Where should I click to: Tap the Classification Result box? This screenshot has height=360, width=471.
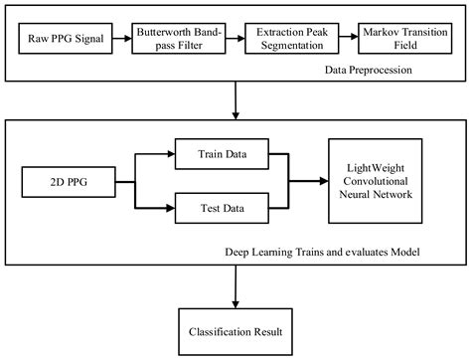click(x=235, y=327)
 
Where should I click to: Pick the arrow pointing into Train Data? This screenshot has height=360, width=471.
click(x=164, y=155)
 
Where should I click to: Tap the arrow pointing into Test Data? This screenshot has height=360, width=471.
click(x=164, y=208)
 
